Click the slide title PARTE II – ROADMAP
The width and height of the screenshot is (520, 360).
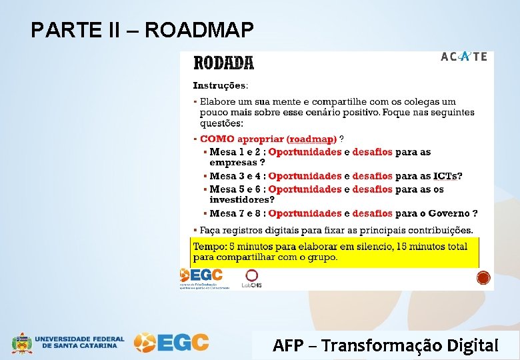point(142,30)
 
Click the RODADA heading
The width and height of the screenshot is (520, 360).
point(223,63)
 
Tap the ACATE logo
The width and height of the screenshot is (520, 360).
point(464,57)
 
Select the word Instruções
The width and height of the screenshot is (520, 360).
point(219,85)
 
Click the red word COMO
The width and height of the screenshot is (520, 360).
point(217,139)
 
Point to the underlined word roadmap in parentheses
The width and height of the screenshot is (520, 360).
point(311,139)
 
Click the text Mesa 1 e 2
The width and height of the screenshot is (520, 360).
point(237,152)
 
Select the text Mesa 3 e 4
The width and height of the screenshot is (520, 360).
point(237,176)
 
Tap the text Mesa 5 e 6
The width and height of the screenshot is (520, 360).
point(237,189)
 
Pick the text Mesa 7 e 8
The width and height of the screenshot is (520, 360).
point(237,213)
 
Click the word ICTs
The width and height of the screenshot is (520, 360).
point(445,176)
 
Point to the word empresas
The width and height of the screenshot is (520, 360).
point(233,162)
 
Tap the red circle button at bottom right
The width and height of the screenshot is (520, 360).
point(483,277)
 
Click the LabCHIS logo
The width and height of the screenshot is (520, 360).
point(251,279)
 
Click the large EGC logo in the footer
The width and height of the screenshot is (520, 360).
point(171,343)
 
